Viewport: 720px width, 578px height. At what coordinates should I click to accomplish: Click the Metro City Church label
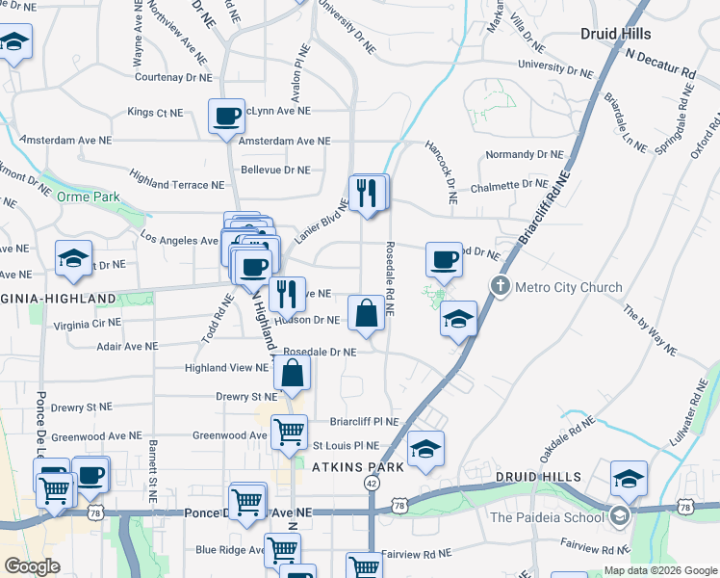569,287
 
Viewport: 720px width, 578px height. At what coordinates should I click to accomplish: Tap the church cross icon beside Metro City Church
500,286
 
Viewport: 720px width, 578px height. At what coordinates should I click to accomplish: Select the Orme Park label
88,197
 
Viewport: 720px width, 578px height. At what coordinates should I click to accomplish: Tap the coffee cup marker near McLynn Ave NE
227,118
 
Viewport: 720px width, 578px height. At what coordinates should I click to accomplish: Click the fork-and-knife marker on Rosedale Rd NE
368,194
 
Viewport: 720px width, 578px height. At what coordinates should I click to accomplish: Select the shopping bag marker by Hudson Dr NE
367,314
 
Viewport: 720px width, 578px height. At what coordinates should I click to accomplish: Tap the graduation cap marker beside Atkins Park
425,450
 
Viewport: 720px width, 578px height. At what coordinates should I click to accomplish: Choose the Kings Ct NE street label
154,113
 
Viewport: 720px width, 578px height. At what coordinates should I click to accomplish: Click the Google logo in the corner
32,565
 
